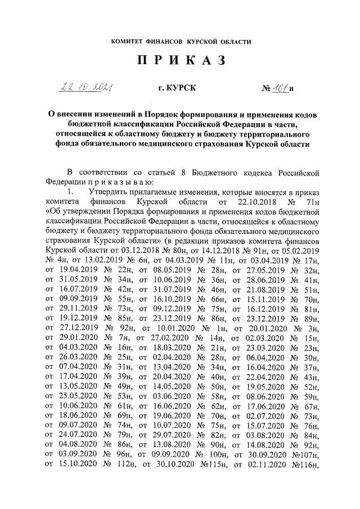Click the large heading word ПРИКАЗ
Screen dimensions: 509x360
tap(181, 61)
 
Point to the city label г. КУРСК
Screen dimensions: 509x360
tap(178, 88)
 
